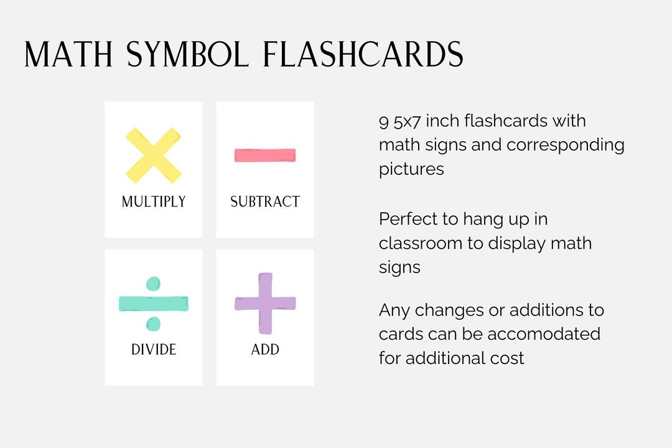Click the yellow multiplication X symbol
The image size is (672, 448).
click(154, 156)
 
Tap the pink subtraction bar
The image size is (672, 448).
click(265, 155)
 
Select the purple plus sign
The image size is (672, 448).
click(265, 303)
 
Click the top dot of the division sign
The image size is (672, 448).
click(154, 284)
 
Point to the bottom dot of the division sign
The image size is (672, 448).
click(154, 324)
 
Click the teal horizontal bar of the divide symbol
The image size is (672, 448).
click(154, 303)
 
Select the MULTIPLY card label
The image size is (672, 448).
click(154, 202)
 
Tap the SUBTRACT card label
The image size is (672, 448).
click(265, 202)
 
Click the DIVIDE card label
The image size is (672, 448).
click(154, 350)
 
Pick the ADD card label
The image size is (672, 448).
click(265, 350)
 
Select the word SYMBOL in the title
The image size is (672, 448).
click(187, 55)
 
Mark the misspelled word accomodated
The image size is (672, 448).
click(544, 334)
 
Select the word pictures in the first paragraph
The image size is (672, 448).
click(411, 169)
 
